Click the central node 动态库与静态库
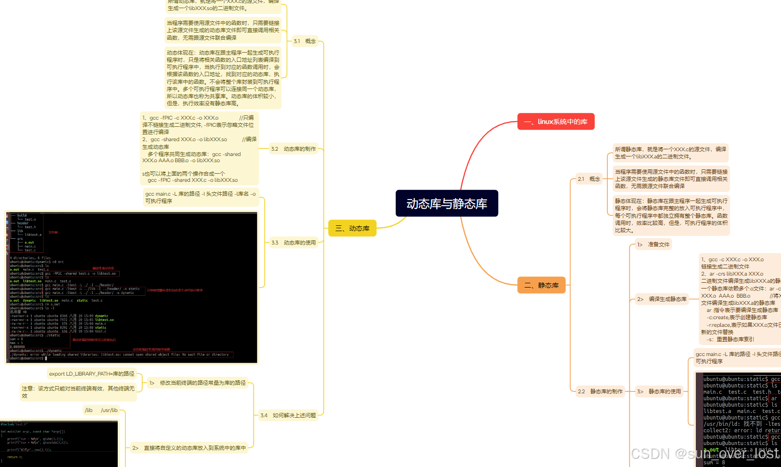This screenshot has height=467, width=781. (446, 203)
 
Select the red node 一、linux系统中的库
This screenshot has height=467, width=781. (556, 122)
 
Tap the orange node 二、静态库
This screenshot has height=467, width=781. (541, 285)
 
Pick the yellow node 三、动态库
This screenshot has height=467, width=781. (352, 228)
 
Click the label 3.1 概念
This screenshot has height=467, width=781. (305, 41)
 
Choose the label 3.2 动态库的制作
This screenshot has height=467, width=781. (293, 149)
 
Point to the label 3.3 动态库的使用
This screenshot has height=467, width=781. (293, 243)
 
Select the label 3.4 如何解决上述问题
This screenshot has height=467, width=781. (288, 415)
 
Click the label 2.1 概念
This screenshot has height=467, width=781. (589, 179)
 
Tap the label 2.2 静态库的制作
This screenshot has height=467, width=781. (600, 391)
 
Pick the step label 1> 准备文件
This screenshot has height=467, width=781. (653, 245)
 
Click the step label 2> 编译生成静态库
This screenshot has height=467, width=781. (662, 299)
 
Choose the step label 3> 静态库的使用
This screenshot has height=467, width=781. (659, 391)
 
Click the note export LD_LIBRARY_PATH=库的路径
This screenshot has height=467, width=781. (92, 374)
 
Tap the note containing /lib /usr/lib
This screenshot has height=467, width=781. (101, 410)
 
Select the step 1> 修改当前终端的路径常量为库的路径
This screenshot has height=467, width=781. (198, 383)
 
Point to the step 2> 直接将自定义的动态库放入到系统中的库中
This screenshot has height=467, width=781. (190, 448)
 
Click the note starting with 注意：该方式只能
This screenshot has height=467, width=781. (78, 392)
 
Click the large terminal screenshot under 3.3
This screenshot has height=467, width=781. (132, 287)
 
